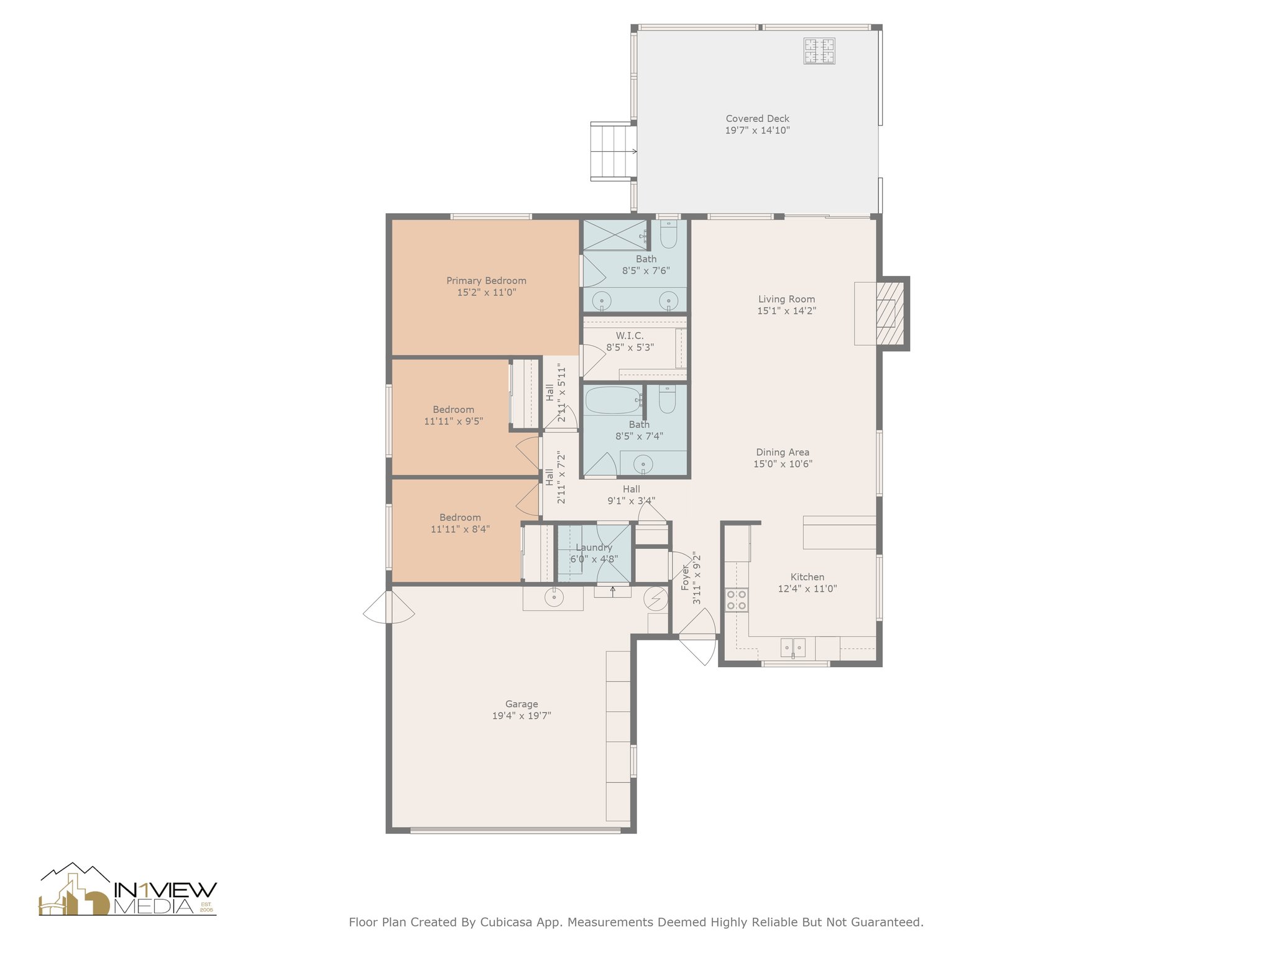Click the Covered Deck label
coord(757,118)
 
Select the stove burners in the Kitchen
coord(737,600)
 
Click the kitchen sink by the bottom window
coord(793,647)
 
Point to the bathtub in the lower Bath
coord(613,400)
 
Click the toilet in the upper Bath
coord(668,234)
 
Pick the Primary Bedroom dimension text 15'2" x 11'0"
coord(487,292)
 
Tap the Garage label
coord(522,704)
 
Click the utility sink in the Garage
coord(553,597)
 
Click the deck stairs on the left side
coord(613,151)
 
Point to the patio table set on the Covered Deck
coord(819,51)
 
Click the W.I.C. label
coord(630,336)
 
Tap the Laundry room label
coord(594,547)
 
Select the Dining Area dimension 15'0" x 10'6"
coord(783,464)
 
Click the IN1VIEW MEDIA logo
coord(128,890)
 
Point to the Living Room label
coord(786,299)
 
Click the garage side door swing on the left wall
coord(389,607)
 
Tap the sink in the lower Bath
coord(643,464)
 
